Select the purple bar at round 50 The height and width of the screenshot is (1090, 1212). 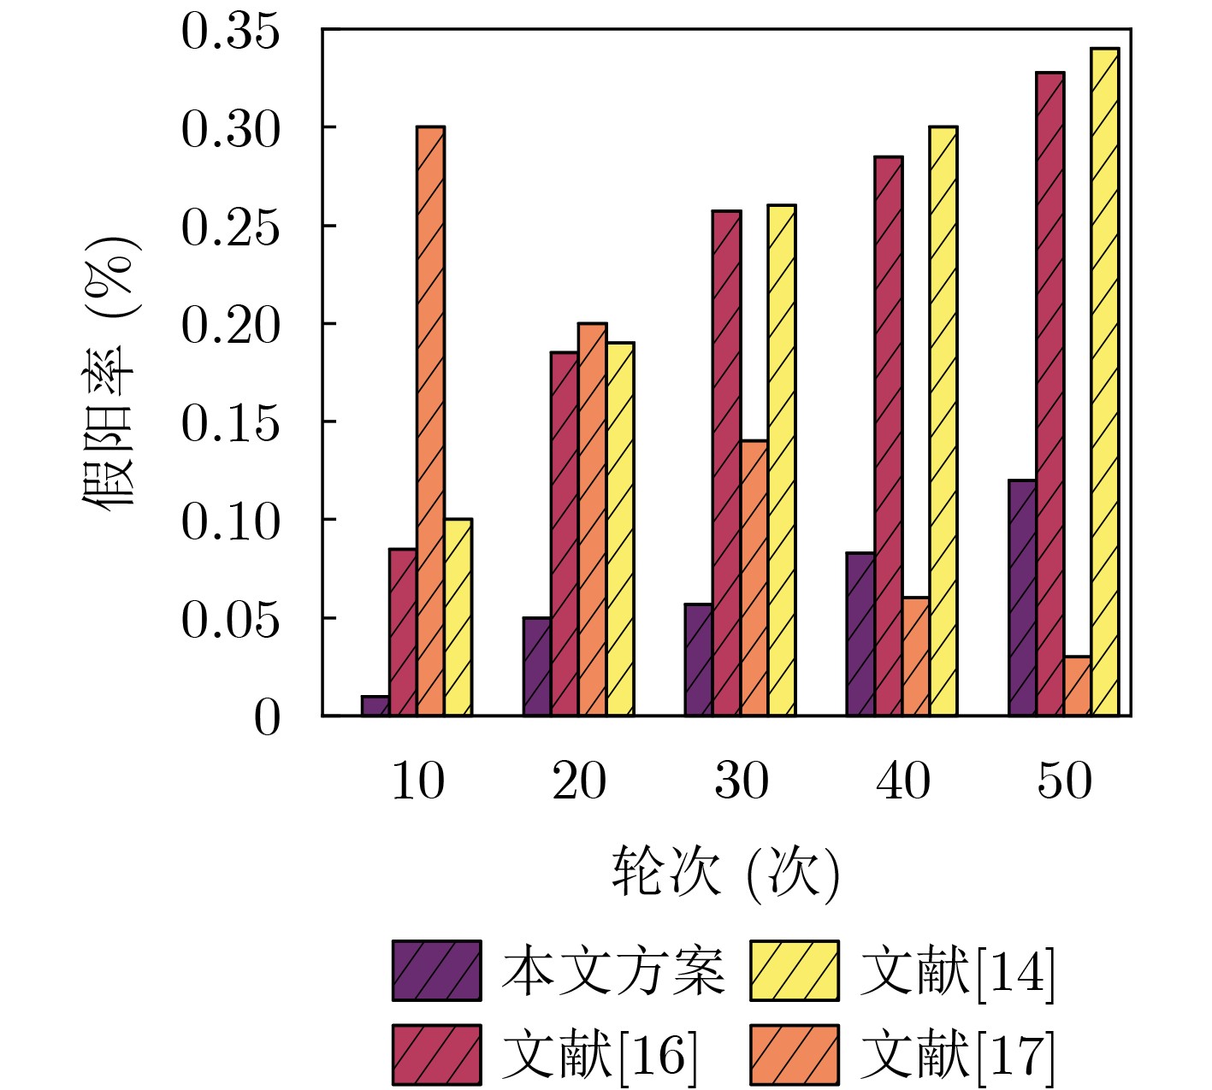(x=1022, y=598)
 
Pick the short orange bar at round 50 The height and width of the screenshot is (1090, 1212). (x=1078, y=686)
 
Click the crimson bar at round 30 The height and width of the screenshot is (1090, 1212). (x=726, y=463)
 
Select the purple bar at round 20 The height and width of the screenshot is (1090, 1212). (x=536, y=666)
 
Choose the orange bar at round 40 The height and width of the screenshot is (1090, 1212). (x=915, y=656)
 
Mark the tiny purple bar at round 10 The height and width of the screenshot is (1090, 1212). (x=375, y=706)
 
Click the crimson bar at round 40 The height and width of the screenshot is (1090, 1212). (x=888, y=436)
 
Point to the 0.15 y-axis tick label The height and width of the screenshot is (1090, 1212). (x=230, y=423)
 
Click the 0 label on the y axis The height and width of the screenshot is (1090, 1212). (x=267, y=718)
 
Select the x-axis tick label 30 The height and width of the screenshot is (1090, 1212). (x=741, y=781)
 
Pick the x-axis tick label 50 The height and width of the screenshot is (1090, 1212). (x=1065, y=781)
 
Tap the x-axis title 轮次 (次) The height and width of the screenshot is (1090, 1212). (x=725, y=873)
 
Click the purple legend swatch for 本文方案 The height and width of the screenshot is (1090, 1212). (x=436, y=971)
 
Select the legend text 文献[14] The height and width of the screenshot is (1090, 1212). (x=957, y=971)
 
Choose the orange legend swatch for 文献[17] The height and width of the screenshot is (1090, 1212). (x=795, y=1054)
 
